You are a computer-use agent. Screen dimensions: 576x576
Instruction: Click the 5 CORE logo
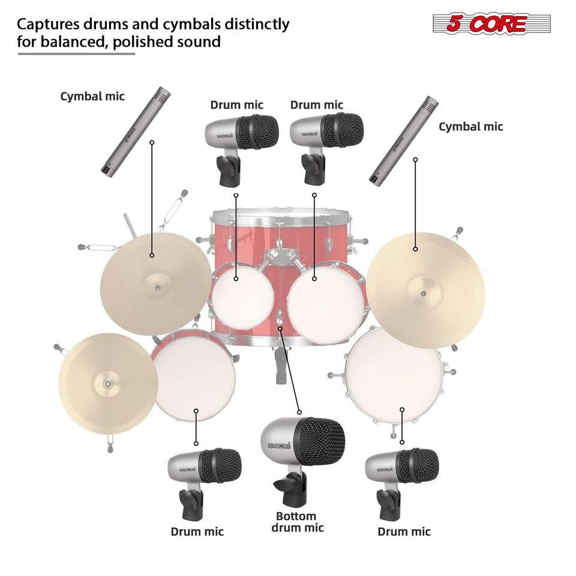491,23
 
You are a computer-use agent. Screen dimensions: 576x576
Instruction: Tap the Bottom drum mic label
297,522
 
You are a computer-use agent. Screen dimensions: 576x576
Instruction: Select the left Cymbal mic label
92,96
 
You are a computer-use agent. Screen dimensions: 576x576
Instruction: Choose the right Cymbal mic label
470,127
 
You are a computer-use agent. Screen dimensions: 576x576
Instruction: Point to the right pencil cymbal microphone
404,140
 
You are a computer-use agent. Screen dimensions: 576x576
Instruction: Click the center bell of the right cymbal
424,293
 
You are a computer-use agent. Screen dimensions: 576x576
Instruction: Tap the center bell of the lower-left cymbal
107,384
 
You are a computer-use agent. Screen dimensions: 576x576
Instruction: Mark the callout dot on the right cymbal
415,249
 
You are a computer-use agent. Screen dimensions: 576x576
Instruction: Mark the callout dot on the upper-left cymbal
152,255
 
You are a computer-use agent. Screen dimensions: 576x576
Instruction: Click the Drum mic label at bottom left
197,532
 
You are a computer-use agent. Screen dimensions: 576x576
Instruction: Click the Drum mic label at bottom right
404,532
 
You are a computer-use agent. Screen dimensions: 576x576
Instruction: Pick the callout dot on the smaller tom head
236,279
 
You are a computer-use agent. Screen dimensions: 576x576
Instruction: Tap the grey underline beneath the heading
76,54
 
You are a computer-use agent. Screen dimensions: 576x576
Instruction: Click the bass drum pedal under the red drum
281,365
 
